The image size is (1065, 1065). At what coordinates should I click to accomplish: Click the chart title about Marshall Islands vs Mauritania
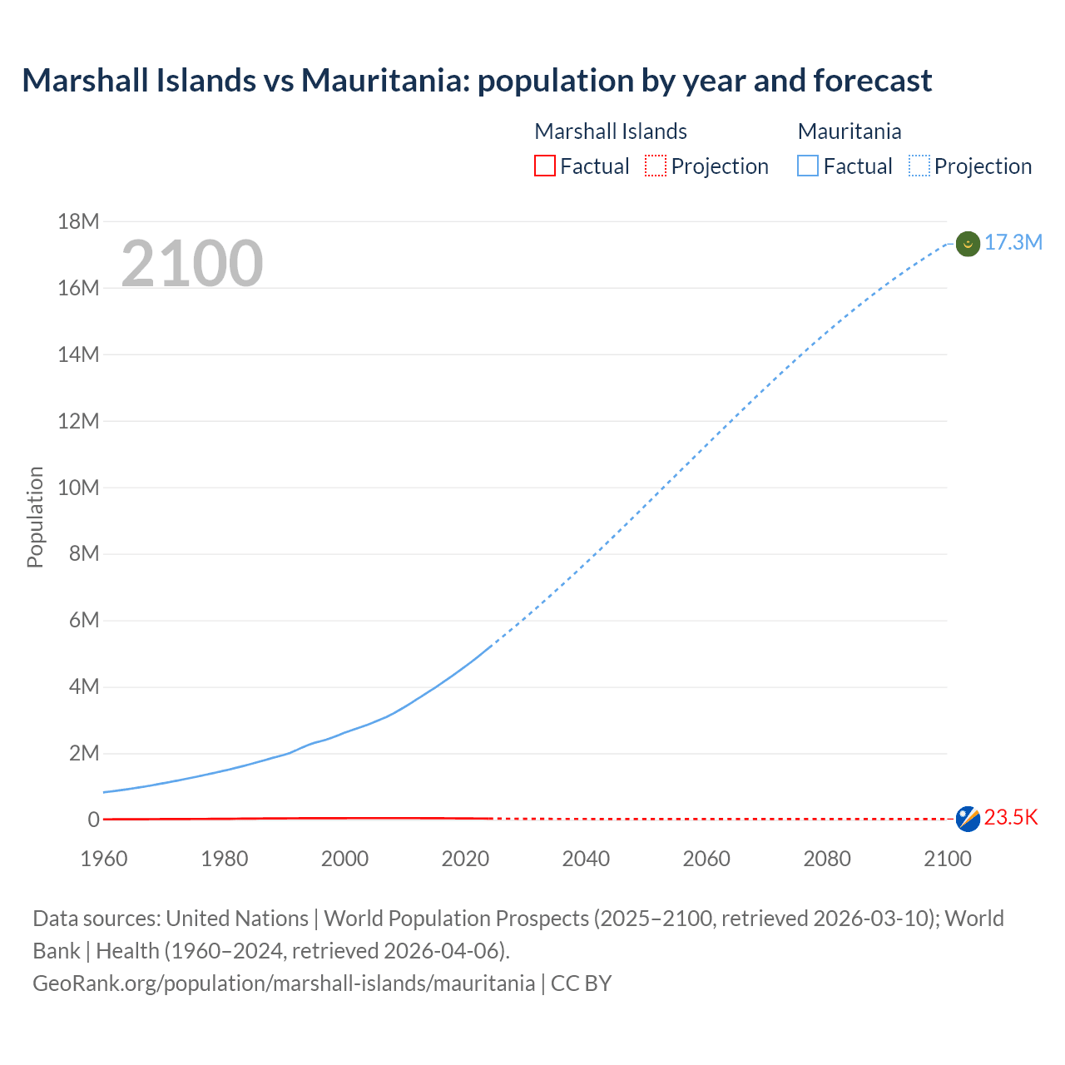[x=477, y=81]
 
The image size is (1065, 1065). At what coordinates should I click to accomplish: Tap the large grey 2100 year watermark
[x=192, y=264]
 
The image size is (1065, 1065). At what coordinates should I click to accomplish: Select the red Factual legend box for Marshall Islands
[x=544, y=166]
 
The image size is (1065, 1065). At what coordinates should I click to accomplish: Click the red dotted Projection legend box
[x=656, y=166]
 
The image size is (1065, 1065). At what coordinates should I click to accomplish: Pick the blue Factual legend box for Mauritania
[x=807, y=166]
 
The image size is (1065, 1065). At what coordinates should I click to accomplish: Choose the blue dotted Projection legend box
[x=919, y=166]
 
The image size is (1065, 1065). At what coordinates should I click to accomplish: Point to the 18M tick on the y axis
[x=78, y=221]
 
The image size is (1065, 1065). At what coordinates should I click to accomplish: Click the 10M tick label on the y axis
[x=78, y=488]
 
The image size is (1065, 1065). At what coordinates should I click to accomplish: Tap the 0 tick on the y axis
[x=93, y=820]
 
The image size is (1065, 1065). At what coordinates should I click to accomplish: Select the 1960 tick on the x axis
[x=104, y=859]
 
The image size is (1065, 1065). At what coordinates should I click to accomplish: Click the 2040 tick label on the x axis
[x=586, y=859]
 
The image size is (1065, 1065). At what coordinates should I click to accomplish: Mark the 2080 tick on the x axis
[x=827, y=859]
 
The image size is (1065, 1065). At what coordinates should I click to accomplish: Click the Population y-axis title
[x=35, y=517]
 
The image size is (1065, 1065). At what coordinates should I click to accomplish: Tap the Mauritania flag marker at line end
[x=968, y=244]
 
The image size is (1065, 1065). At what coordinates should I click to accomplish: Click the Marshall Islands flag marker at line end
[x=968, y=819]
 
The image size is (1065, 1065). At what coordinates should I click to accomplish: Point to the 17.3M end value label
[x=1013, y=242]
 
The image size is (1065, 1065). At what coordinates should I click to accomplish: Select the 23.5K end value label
[x=1011, y=818]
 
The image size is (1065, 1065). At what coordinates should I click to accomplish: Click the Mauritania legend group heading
[x=849, y=131]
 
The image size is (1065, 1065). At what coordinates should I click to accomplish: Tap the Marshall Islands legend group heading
[x=610, y=131]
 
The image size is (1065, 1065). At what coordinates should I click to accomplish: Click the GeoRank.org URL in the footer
[x=284, y=983]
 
